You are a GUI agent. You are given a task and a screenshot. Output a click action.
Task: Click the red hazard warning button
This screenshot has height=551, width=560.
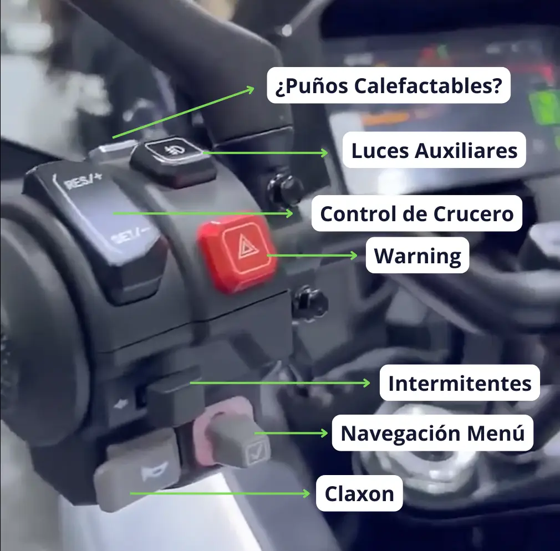[x=237, y=252]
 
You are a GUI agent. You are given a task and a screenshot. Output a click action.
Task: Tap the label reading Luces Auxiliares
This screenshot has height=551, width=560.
[x=434, y=150]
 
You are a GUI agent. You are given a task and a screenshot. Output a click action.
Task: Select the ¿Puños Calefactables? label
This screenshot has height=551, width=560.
[x=389, y=85]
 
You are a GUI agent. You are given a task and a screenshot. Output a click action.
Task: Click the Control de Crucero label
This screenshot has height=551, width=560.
[x=417, y=213]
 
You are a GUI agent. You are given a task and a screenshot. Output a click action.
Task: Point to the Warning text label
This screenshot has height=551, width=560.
[x=418, y=256]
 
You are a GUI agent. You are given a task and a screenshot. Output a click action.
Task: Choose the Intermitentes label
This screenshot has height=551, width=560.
[x=460, y=383]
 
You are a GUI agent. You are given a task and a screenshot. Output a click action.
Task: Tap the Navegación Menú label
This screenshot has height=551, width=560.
[x=432, y=433]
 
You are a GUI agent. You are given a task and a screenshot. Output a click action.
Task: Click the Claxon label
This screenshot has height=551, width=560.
[x=359, y=493]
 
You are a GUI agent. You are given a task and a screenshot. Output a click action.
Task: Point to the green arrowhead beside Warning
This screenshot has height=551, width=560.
[x=353, y=256]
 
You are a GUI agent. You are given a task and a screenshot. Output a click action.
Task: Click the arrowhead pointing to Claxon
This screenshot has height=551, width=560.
[x=306, y=493]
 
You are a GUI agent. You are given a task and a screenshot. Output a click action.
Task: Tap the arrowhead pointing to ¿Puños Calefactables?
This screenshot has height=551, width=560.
[x=251, y=89]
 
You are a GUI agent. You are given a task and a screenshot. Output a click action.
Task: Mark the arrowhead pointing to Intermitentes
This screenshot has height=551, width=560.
[x=366, y=383]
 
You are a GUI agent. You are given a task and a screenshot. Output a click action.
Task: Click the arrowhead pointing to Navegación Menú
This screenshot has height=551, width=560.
[x=324, y=433]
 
